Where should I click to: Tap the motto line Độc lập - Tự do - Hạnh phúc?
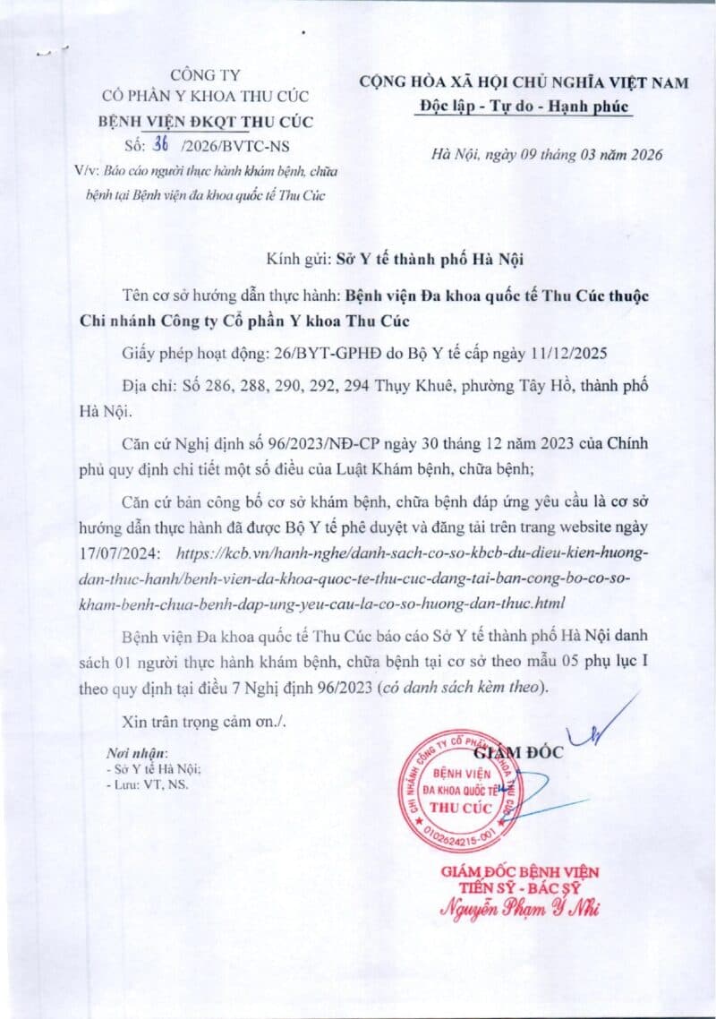click(524, 107)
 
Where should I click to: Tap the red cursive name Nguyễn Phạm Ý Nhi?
click(521, 908)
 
